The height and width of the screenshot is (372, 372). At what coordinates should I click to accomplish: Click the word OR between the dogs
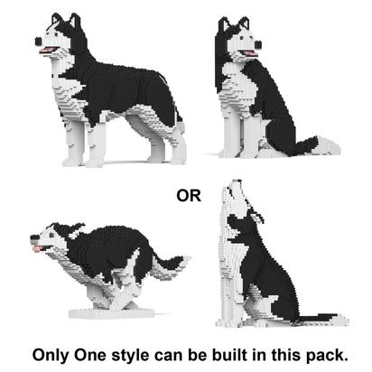(189, 196)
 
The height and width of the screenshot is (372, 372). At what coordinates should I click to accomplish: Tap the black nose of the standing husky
(38, 41)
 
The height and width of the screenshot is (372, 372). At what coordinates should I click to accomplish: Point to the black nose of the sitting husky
(258, 44)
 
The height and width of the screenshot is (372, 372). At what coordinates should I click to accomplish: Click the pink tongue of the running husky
(38, 248)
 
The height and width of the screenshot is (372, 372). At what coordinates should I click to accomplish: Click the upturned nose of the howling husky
(237, 181)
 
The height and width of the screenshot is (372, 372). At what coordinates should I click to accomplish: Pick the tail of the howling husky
(321, 319)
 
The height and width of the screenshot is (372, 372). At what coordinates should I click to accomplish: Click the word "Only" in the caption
(51, 355)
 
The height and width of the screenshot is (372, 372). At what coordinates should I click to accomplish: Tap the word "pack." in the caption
(328, 356)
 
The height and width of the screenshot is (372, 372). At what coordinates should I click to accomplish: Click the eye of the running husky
(51, 235)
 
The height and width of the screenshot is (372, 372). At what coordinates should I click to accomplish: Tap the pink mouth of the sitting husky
(249, 53)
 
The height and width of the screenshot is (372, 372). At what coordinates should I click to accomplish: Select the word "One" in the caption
(90, 355)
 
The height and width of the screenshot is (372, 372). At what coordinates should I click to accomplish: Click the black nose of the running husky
(34, 237)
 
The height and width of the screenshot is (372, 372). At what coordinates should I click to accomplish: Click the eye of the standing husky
(56, 35)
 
